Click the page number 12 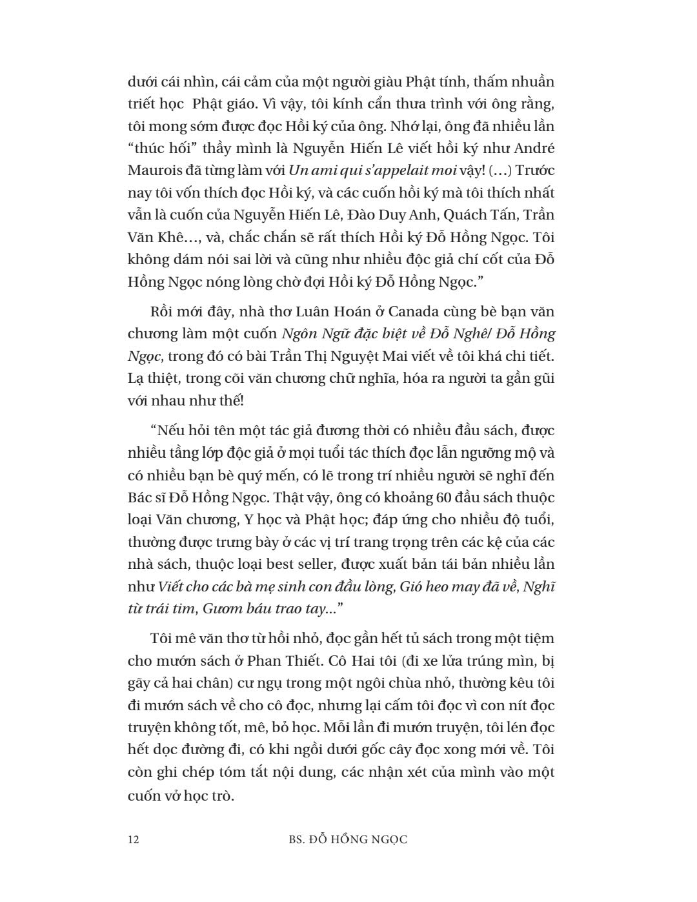coord(134,839)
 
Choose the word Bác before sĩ coord(141,497)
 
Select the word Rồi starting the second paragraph coord(161,311)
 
